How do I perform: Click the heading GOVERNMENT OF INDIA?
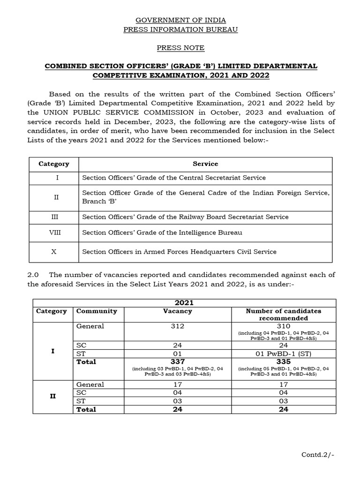[180, 20]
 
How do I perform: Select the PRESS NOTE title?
[180, 48]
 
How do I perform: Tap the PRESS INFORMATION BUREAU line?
[180, 30]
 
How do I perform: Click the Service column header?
[205, 164]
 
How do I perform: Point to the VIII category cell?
[53, 232]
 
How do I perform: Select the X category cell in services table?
[53, 252]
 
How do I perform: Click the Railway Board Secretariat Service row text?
[185, 217]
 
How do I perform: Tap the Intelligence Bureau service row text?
[162, 232]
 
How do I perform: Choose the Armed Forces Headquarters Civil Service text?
[179, 252]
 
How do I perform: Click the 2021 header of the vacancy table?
[184, 303]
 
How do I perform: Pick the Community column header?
[97, 311]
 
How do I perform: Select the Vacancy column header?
[177, 311]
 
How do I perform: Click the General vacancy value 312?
[177, 326]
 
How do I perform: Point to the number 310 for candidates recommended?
[283, 326]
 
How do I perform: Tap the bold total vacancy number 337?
[177, 362]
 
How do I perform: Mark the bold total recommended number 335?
[283, 362]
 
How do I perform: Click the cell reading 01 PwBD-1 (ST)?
[283, 353]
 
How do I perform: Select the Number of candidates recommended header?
[283, 315]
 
